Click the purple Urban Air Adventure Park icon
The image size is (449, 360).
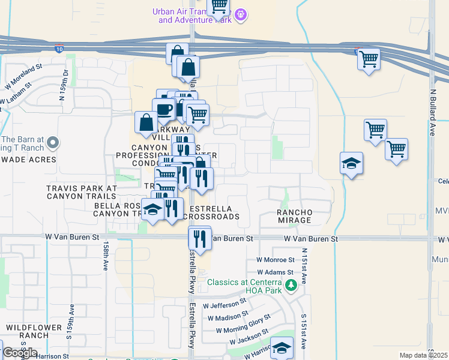tap(241, 14)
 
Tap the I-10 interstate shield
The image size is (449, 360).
tap(58, 47)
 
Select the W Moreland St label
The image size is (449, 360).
tap(24, 76)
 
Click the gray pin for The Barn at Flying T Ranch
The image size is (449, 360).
tap(53, 143)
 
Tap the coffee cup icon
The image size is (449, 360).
tap(163, 109)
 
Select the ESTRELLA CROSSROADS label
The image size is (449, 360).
tap(214, 212)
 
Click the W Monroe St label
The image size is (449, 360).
tap(276, 260)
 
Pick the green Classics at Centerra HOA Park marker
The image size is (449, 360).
tap(291, 284)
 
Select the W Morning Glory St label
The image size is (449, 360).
tap(243, 324)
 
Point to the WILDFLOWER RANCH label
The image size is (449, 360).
tap(31, 331)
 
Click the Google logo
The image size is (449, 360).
tap(19, 353)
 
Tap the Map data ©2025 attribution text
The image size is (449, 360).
tap(424, 355)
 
